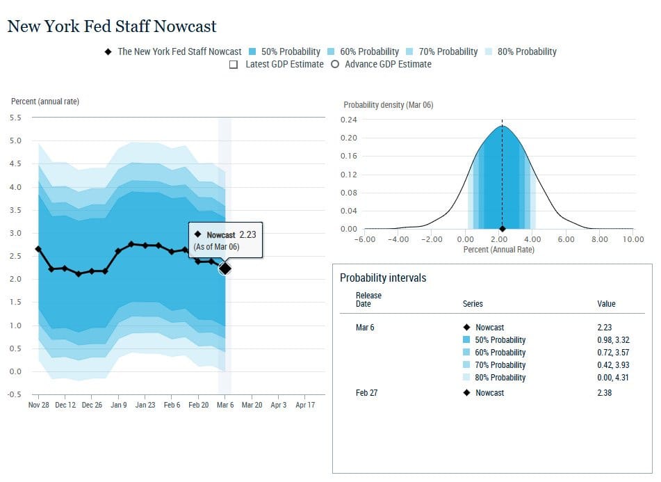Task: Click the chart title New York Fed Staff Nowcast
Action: click(x=112, y=26)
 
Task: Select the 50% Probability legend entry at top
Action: click(x=284, y=51)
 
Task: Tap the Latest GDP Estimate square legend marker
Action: click(x=234, y=65)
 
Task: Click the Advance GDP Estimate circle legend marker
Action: click(x=335, y=64)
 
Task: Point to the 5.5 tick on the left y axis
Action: click(x=15, y=118)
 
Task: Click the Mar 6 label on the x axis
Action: click(x=225, y=405)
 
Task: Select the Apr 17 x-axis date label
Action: click(x=305, y=405)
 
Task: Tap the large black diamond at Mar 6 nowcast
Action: click(x=225, y=268)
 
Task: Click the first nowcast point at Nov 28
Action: click(x=38, y=249)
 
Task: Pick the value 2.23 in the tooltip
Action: click(x=248, y=234)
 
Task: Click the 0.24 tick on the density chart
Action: click(x=349, y=120)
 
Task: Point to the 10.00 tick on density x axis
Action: click(x=633, y=239)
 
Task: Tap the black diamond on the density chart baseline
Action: click(x=502, y=229)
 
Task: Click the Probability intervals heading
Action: click(x=383, y=278)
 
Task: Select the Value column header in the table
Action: click(x=606, y=304)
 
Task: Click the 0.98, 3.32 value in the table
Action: click(x=613, y=340)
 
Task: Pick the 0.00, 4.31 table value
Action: click(x=613, y=378)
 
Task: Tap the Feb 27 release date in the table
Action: click(x=367, y=392)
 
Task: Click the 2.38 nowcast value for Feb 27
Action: click(x=605, y=392)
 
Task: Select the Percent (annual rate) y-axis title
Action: click(x=45, y=102)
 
